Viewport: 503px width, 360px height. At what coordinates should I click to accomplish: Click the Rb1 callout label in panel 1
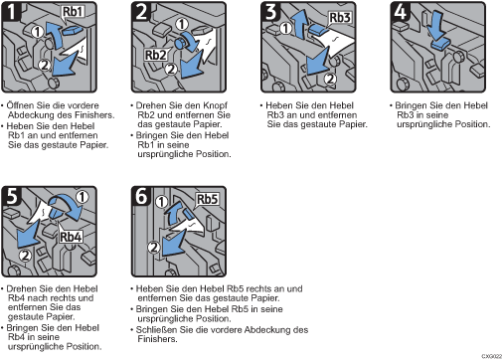73,12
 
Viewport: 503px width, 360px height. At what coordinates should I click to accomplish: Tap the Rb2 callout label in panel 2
156,55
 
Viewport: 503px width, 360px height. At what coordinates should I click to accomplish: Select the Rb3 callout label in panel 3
340,17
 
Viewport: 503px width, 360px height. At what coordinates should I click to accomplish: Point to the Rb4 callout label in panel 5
71,237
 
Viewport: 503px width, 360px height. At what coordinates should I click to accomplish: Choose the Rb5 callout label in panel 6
208,199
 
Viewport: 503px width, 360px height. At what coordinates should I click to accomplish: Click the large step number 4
400,12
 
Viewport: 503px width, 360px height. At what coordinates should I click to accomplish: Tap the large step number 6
141,196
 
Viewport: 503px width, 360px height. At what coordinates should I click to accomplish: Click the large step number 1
12,12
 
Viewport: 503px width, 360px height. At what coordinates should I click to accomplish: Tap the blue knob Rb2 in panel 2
181,43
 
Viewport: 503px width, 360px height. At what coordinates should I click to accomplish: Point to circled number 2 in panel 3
330,79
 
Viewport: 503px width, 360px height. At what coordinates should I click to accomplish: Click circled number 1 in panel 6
161,202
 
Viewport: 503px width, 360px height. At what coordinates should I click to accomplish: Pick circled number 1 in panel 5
83,197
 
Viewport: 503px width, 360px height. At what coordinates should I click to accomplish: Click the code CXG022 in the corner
492,356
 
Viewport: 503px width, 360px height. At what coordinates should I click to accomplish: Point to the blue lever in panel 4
440,45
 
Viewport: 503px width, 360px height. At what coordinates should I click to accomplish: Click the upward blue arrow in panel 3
300,25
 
